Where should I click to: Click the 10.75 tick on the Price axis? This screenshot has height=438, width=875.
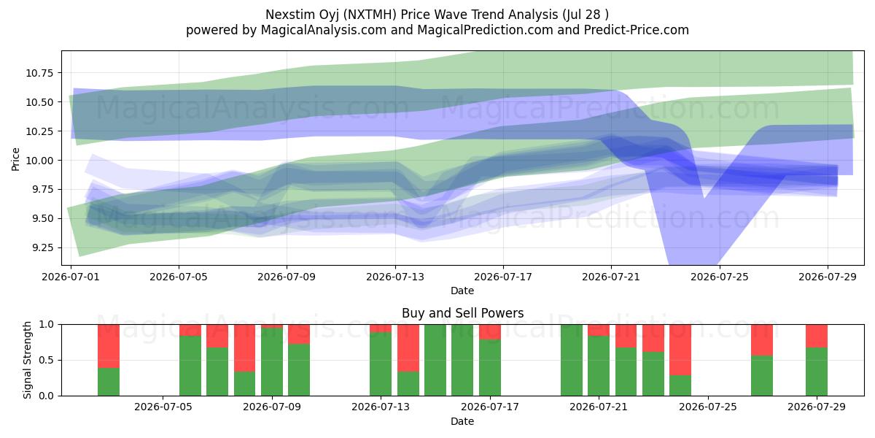(x=39, y=73)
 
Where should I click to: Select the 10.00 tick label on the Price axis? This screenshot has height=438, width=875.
(x=39, y=161)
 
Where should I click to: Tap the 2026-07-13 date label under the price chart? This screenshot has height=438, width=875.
(x=395, y=277)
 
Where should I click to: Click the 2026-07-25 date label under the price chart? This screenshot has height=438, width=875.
(x=720, y=277)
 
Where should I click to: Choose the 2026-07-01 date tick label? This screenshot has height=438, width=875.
(x=71, y=277)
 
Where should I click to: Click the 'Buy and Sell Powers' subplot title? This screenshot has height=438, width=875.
(x=462, y=313)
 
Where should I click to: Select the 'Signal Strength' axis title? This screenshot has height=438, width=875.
(x=27, y=360)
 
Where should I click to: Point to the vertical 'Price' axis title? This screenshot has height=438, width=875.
(x=15, y=159)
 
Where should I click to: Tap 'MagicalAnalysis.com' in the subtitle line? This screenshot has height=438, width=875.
(x=324, y=30)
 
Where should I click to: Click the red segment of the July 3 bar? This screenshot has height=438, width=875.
(x=109, y=347)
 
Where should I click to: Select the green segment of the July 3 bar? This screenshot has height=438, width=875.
(x=109, y=382)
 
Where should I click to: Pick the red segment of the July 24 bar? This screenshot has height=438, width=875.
(x=680, y=350)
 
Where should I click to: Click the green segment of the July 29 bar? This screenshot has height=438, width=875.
(x=817, y=372)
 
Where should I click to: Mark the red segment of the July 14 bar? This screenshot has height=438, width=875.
(x=408, y=348)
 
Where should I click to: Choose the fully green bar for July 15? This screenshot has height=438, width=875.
(x=435, y=360)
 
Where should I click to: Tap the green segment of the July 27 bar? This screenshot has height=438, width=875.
(x=762, y=376)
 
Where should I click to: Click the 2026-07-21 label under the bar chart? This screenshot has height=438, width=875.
(x=599, y=407)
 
